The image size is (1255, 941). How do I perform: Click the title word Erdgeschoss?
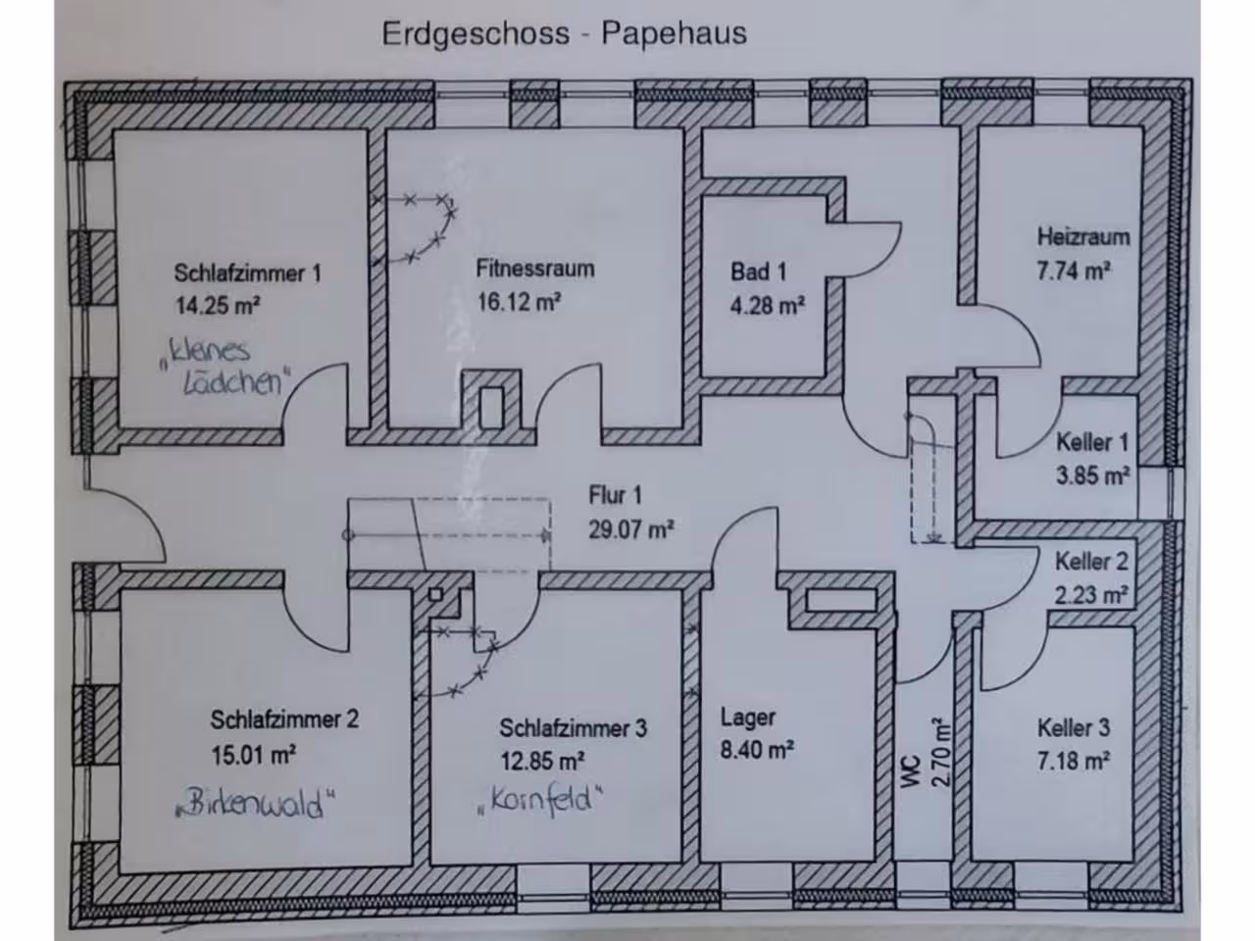pyautogui.click(x=476, y=34)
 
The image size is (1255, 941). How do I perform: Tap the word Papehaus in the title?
pyautogui.click(x=675, y=33)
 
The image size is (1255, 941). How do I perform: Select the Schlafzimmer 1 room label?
pyautogui.click(x=248, y=273)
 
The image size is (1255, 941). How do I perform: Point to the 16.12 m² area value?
pyautogui.click(x=519, y=302)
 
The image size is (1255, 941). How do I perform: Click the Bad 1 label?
pyautogui.click(x=758, y=272)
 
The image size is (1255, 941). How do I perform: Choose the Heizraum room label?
pyautogui.click(x=1083, y=237)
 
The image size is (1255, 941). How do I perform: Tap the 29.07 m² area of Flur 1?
pyautogui.click(x=631, y=529)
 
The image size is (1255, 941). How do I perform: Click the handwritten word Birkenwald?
pyautogui.click(x=256, y=804)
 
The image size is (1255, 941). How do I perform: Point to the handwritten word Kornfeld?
pyautogui.click(x=541, y=799)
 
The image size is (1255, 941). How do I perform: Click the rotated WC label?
pyautogui.click(x=910, y=771)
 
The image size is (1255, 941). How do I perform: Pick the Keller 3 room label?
pyautogui.click(x=1074, y=728)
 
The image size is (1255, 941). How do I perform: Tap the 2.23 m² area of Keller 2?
pyautogui.click(x=1091, y=595)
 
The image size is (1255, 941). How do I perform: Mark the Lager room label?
pyautogui.click(x=748, y=718)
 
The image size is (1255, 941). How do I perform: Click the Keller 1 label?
pyautogui.click(x=1092, y=442)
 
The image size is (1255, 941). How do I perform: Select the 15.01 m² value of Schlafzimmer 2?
pyautogui.click(x=254, y=756)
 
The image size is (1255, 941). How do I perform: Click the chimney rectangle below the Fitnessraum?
pyautogui.click(x=491, y=408)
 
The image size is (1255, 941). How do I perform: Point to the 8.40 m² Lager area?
pyautogui.click(x=757, y=750)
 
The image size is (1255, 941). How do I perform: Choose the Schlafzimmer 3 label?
pyautogui.click(x=574, y=728)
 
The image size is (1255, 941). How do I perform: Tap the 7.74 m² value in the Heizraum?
pyautogui.click(x=1075, y=271)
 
